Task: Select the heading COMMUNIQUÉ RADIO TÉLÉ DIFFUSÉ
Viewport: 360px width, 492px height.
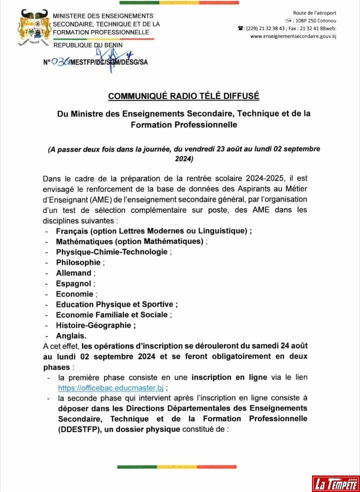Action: pyautogui.click(x=183, y=95)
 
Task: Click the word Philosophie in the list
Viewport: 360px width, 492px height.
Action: pyautogui.click(x=78, y=262)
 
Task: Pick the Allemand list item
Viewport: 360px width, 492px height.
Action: pyautogui.click(x=73, y=272)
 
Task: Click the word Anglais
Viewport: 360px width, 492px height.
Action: pyautogui.click(x=71, y=335)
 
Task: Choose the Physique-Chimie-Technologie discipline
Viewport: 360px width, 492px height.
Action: pyautogui.click(x=111, y=251)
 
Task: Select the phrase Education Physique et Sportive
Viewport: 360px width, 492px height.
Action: pyautogui.click(x=114, y=304)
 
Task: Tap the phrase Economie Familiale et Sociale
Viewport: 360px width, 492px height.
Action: pyautogui.click(x=112, y=314)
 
